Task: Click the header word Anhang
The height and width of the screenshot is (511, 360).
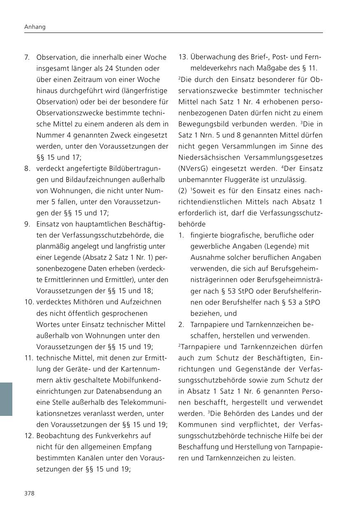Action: point(35,27)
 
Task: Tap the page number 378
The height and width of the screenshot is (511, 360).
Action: point(29,493)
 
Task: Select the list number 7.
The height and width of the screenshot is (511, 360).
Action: point(26,57)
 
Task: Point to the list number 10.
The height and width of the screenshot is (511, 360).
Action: point(29,302)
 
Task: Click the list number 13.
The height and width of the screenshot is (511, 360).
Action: point(183,57)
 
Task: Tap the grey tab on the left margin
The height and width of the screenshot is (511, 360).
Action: point(6,399)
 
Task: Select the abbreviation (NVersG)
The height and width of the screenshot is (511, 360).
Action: point(192,168)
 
